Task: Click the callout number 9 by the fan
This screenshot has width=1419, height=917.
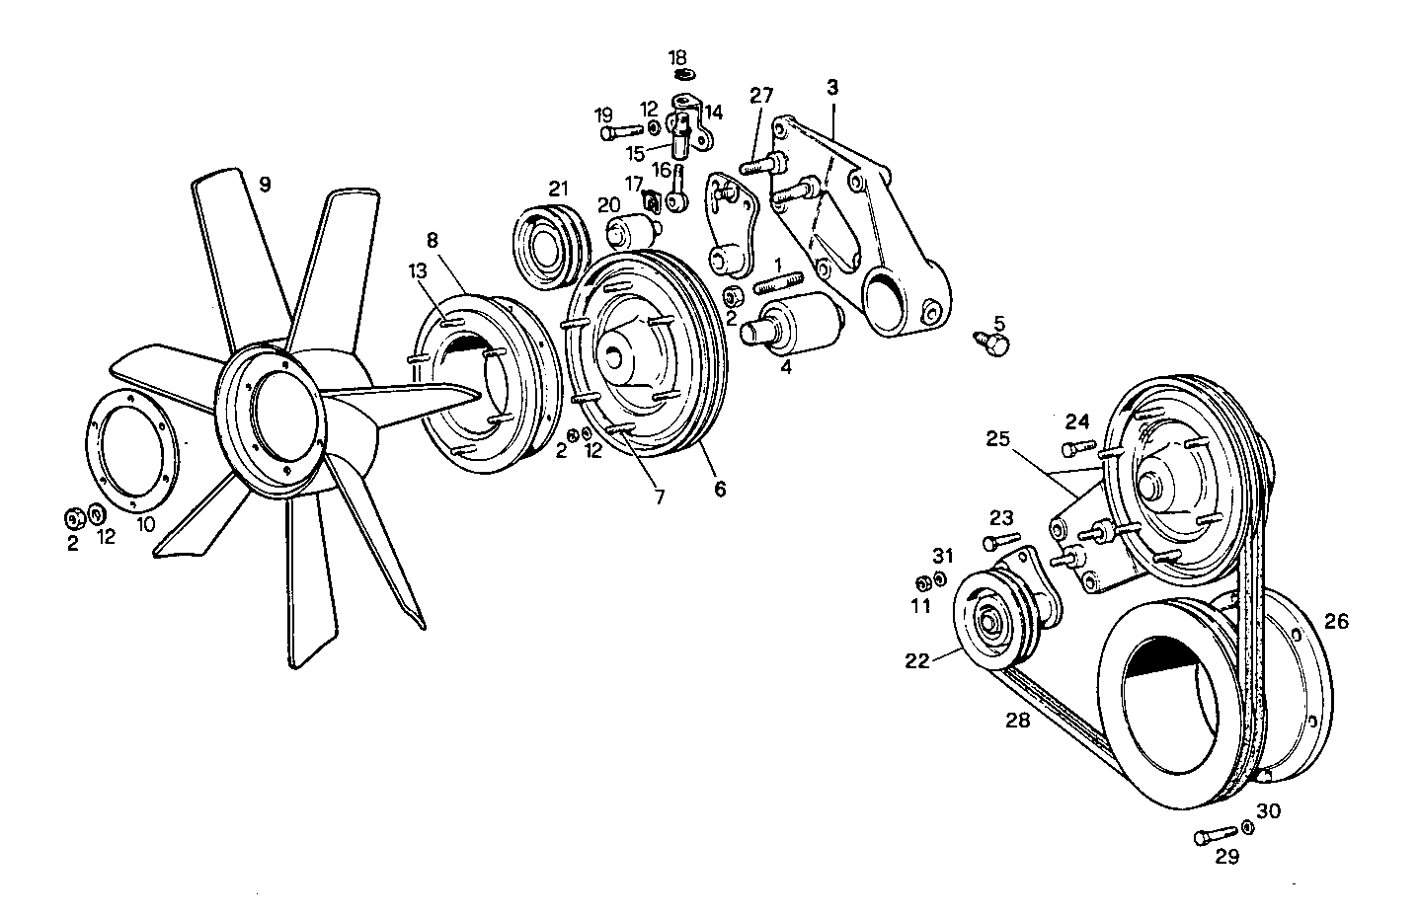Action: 264,184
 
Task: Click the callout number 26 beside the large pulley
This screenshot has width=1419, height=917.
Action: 1335,622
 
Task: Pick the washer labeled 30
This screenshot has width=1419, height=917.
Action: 1247,827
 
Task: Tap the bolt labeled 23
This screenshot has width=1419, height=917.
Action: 1000,541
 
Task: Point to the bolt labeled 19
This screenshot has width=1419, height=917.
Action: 620,129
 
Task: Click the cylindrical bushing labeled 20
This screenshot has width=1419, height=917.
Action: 632,235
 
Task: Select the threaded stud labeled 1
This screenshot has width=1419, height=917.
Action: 779,285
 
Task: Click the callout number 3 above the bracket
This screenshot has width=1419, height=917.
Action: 832,88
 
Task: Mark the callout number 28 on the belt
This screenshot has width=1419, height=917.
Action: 1018,721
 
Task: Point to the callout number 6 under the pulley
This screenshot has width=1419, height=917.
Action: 720,488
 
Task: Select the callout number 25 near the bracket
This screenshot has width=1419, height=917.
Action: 997,438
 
